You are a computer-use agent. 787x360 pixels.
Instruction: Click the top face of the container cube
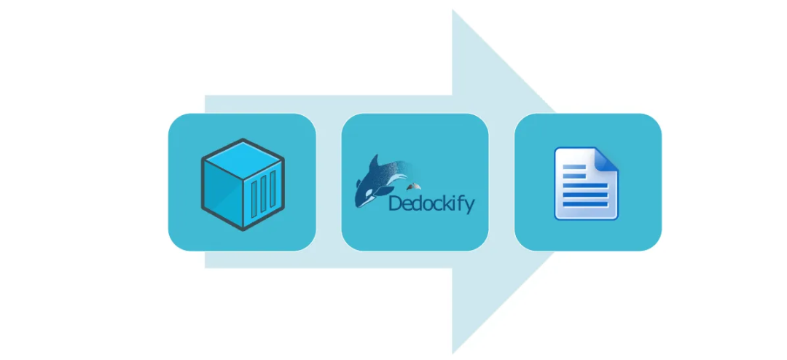[242, 155]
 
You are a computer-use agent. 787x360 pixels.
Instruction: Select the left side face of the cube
[222, 191]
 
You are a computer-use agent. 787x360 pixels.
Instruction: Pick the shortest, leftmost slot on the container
[255, 197]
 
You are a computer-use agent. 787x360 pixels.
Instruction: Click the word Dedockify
[431, 203]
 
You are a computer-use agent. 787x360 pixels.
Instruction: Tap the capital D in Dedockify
[396, 203]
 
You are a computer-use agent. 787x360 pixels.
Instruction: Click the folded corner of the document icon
[608, 158]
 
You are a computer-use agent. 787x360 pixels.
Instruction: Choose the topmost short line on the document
[574, 167]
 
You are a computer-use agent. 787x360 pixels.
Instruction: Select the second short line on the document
[574, 176]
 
